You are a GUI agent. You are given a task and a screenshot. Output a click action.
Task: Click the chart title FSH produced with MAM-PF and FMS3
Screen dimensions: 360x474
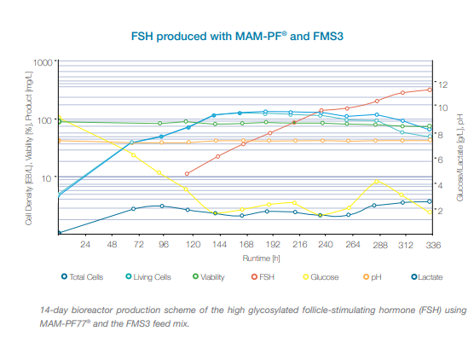pos(236,38)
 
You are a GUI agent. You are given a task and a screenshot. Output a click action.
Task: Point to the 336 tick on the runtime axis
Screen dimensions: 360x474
pos(432,245)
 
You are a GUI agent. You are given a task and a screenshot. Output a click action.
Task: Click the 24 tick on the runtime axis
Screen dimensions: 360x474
pos(84,245)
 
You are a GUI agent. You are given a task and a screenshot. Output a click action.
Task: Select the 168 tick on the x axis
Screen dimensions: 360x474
pos(242,245)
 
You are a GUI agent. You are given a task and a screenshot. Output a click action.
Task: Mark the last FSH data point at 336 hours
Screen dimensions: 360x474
pos(430,90)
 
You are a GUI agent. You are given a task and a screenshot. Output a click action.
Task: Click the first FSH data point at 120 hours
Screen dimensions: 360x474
pos(188,174)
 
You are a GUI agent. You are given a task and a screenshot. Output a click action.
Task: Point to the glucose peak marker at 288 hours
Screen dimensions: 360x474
pos(377,182)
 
